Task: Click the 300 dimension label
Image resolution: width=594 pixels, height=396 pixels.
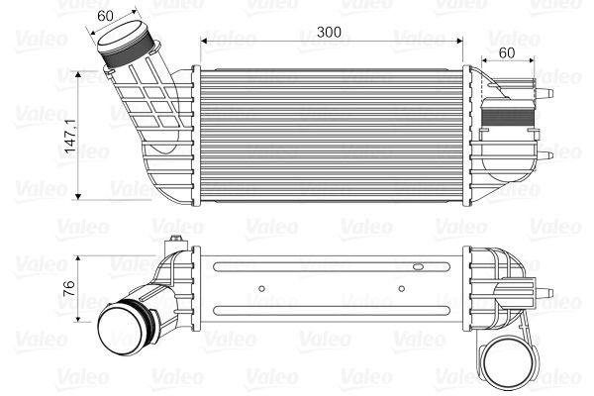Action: click(329, 32)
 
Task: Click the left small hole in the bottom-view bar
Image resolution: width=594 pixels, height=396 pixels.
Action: click(260, 289)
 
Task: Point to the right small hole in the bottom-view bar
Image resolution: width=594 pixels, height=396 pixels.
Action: click(402, 289)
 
